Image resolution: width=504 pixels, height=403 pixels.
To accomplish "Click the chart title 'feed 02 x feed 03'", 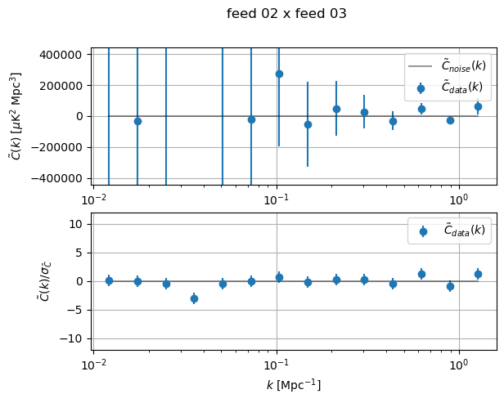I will (286, 14).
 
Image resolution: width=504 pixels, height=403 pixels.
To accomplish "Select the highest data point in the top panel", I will (279, 74).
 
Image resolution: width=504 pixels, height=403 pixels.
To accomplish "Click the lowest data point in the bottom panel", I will (194, 298).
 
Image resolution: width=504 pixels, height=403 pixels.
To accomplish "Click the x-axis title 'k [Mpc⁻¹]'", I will (294, 384).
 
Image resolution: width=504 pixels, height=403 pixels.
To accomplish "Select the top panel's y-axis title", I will (16, 116).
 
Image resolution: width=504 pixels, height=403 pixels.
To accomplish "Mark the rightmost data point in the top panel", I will (478, 106).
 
